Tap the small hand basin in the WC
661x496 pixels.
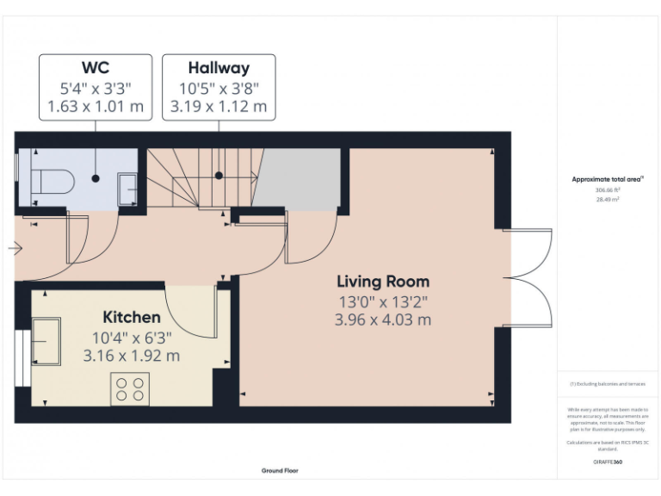[x=127, y=187]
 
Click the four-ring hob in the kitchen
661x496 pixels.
[x=130, y=388]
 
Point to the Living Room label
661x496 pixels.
[x=383, y=282]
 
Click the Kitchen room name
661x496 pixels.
[x=132, y=317]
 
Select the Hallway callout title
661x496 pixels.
[x=219, y=68]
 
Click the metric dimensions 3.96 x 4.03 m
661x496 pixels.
[x=383, y=319]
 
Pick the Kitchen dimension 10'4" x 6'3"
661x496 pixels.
[x=132, y=337]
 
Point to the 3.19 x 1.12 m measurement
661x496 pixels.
[x=219, y=107]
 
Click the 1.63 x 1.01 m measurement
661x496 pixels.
[x=95, y=107]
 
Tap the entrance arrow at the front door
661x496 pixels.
[x=15, y=248]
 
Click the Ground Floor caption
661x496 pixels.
[x=281, y=471]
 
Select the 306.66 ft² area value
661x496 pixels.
[x=608, y=190]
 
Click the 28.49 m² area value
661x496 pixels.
[x=608, y=199]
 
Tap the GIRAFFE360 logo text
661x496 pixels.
[x=608, y=462]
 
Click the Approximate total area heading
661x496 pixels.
[x=607, y=179]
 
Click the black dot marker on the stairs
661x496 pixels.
[x=219, y=175]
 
